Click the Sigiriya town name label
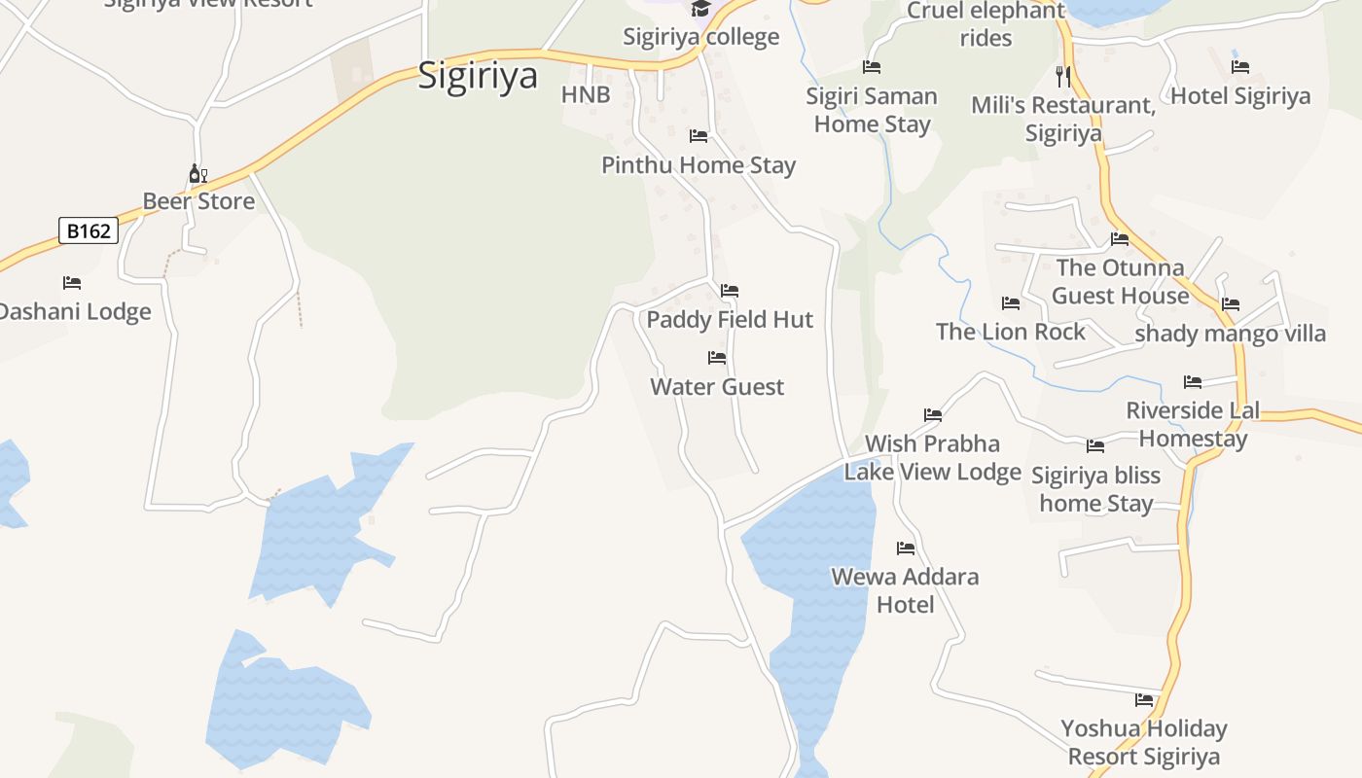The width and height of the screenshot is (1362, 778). coord(478,75)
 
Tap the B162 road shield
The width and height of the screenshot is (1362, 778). coord(89,230)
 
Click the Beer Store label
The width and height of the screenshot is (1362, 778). coord(198,201)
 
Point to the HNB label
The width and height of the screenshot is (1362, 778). coord(586,94)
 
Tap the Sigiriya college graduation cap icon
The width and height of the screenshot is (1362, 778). coord(699,10)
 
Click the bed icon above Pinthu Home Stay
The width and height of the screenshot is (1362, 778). coord(699,136)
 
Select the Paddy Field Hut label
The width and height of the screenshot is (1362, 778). coord(730,319)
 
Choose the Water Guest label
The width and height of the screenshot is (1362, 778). coord(717,386)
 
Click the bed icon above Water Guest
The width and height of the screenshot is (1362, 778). coord(717,358)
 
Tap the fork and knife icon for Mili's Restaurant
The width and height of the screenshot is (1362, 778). coord(1062,76)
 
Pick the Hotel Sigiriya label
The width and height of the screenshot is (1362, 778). coord(1240,95)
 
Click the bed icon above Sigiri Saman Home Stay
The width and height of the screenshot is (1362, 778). coord(872,67)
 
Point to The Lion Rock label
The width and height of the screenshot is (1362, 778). coord(1010,332)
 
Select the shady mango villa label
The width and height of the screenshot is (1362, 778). coord(1231,334)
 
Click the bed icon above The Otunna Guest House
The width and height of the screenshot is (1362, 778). coord(1120,239)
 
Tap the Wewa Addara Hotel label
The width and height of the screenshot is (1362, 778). coord(905,590)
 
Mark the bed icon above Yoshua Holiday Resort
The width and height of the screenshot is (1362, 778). coord(1144,700)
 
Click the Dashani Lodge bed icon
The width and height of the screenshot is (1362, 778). coord(72,283)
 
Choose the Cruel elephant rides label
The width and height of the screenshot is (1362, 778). coord(986,24)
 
